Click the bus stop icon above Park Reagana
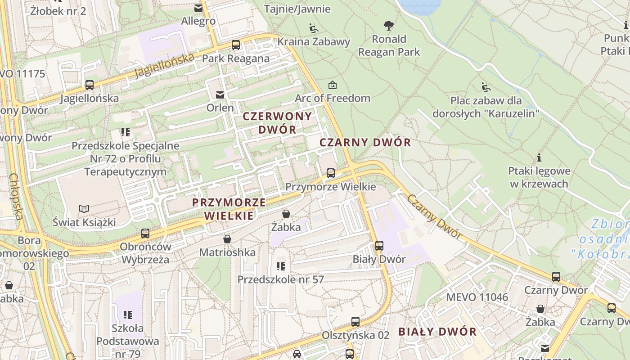pos(236,45)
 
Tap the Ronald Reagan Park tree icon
pos(389,26)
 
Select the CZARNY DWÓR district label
pos(365,143)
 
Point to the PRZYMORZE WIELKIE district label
pos(229,209)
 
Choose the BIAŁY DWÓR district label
pos(437,332)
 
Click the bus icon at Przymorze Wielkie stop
pos(331,173)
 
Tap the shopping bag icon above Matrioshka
pos(227,239)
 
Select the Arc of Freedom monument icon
pos(333,85)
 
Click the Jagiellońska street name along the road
pos(165,66)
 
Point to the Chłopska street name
pos(16,197)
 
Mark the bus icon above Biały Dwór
pos(379,246)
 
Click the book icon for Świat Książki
pos(84,209)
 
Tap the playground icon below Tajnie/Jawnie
pos(314,28)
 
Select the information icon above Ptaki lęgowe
pos(539,157)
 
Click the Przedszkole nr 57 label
pos(280,279)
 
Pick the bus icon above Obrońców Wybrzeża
pos(145,234)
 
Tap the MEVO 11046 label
pos(477,297)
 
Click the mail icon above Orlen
pos(220,94)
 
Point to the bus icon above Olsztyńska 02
pos(355,322)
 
